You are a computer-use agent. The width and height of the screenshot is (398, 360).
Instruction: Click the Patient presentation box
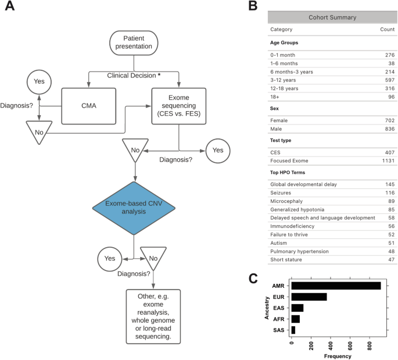(x=134, y=42)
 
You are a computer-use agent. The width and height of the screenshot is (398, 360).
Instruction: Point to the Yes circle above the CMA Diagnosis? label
(x=40, y=81)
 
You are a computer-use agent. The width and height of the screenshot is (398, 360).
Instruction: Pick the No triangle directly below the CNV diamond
(x=153, y=258)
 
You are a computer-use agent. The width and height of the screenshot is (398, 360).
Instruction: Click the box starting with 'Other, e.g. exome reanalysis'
(x=153, y=315)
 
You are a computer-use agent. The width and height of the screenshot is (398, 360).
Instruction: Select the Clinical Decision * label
(x=134, y=76)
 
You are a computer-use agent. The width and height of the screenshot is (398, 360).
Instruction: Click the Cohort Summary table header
(x=332, y=17)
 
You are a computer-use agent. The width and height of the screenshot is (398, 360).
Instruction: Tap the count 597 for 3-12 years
(x=387, y=80)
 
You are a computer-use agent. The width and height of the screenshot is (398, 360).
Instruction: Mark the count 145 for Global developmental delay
(x=387, y=185)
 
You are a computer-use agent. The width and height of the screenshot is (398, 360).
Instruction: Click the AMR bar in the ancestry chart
(x=336, y=286)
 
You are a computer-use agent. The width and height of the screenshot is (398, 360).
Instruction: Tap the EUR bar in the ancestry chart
(x=309, y=297)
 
